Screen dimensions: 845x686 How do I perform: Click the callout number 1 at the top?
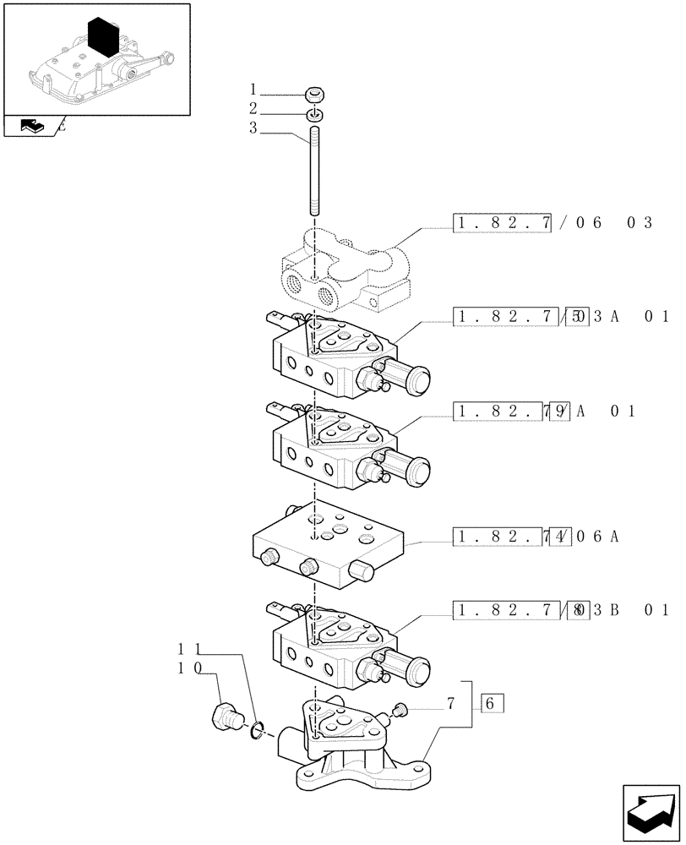[253, 89]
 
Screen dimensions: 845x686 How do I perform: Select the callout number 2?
[253, 108]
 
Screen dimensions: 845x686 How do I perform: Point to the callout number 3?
[253, 128]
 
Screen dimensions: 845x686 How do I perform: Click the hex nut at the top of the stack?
[313, 95]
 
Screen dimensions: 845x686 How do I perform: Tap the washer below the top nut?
[313, 114]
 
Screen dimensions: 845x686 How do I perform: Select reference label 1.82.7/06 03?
[553, 223]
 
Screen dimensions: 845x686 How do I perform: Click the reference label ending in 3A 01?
[562, 317]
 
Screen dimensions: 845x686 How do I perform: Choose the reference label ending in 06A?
[536, 536]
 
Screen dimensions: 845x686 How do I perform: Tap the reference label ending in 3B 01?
[562, 609]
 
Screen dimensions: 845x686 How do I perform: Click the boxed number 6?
[492, 703]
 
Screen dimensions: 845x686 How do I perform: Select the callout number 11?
[189, 649]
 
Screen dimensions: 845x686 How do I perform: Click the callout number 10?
[189, 668]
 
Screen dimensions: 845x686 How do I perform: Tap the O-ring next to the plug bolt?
[256, 728]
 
